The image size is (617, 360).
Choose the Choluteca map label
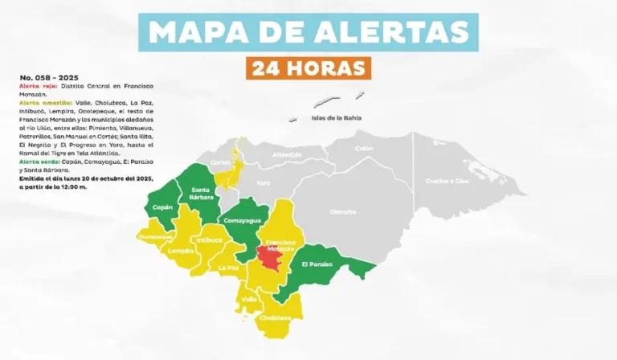tap(276, 317)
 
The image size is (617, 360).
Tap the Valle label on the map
tap(250, 299)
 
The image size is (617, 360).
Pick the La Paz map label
tap(228, 267)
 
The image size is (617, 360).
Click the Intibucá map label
tap(209, 239)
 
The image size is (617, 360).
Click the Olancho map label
tap(343, 211)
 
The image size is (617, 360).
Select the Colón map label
tap(364, 148)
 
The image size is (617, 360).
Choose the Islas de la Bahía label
tap(337, 118)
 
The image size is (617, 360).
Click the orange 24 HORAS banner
tap(308, 67)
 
